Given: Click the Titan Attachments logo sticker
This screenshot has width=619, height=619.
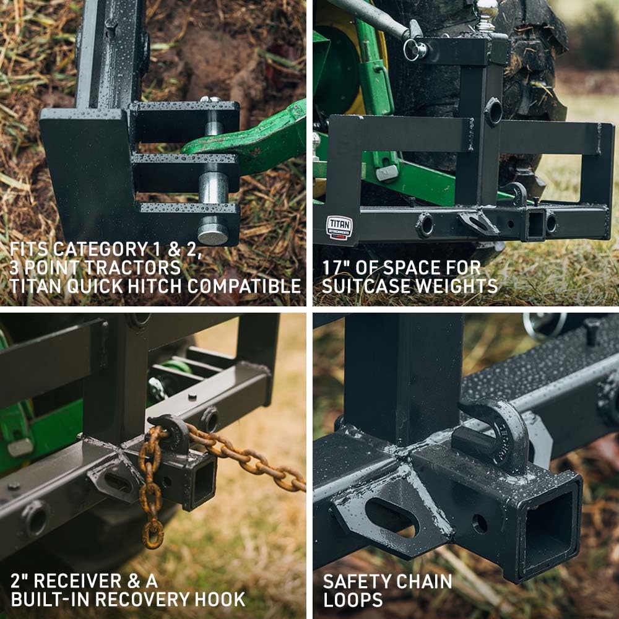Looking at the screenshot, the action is tap(339, 228).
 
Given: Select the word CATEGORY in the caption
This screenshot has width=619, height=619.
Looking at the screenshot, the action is tap(100, 249).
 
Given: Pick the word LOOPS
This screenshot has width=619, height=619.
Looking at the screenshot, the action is tap(353, 600).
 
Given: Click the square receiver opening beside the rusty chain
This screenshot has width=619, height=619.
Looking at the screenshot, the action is tap(204, 483).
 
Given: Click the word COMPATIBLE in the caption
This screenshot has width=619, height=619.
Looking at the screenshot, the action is tap(244, 286).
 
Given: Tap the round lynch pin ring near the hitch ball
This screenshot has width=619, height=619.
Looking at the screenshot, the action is tap(415, 50).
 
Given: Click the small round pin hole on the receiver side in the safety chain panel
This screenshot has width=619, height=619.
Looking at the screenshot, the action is tap(480, 524).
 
